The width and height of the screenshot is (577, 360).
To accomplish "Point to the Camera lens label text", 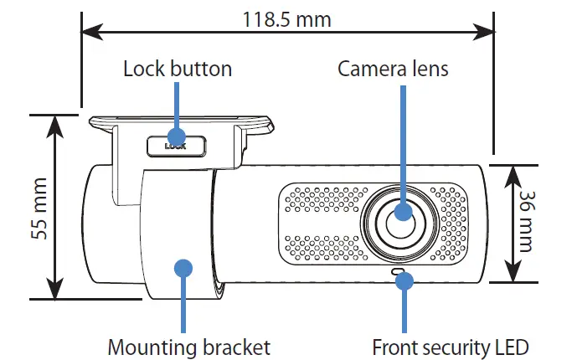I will (x=393, y=69).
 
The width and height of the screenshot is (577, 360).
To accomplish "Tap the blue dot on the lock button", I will (x=176, y=136).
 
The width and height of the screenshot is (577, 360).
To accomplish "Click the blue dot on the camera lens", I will (x=404, y=213).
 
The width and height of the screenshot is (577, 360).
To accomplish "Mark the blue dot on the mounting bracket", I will (x=183, y=267).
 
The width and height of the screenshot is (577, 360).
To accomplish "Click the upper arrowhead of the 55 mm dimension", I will (x=55, y=124).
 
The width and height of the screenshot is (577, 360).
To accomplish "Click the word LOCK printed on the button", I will (x=175, y=146).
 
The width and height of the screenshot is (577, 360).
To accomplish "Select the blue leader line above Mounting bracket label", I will (x=183, y=301).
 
